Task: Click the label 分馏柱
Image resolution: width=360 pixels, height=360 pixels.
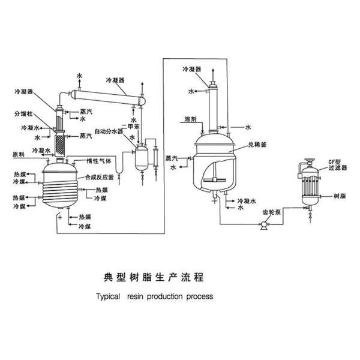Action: click(x=24, y=112)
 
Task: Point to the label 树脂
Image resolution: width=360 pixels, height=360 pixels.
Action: click(x=338, y=197)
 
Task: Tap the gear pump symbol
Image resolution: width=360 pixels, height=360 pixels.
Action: click(x=263, y=227)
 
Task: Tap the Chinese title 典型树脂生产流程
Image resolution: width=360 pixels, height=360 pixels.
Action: click(x=154, y=278)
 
